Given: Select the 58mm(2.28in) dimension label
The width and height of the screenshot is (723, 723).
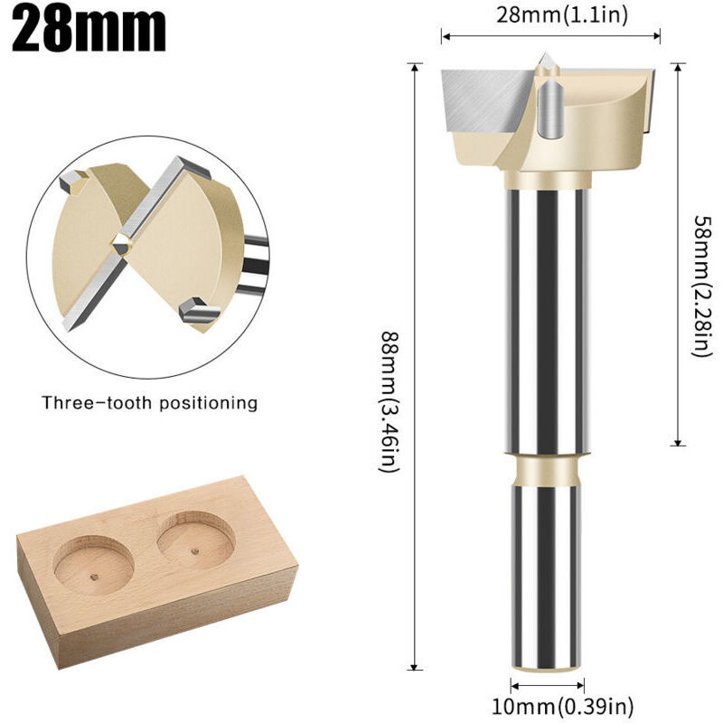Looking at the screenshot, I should pos(697,285).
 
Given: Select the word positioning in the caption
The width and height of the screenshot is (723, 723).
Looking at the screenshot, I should pos(209,402).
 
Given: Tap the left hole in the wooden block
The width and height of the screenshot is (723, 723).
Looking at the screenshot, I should pos(94,565).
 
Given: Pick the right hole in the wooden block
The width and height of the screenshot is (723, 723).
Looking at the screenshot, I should pos(195,539).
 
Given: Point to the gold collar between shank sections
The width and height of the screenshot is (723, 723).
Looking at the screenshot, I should pos(546,469).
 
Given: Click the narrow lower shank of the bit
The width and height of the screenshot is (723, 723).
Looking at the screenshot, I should pos(546,578).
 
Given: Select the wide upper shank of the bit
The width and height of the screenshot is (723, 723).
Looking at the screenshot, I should pos(546,316).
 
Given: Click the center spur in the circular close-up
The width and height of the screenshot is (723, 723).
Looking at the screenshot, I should pos(120,241).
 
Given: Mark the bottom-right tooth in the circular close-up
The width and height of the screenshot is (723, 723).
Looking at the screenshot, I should pos(192,309).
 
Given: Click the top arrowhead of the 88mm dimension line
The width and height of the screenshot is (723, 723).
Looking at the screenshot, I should pos(414,66).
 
